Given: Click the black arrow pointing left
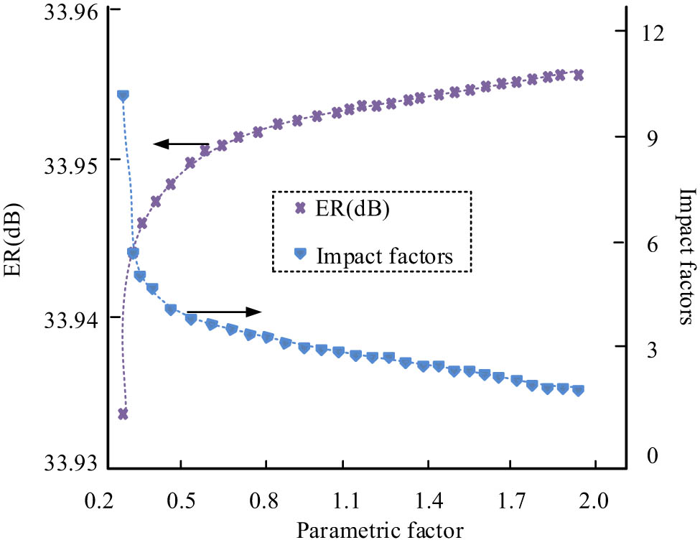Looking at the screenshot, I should pos(181,144).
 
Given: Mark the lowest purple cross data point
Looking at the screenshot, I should pos(123,414).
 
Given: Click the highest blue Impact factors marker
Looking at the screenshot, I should pos(123,96).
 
